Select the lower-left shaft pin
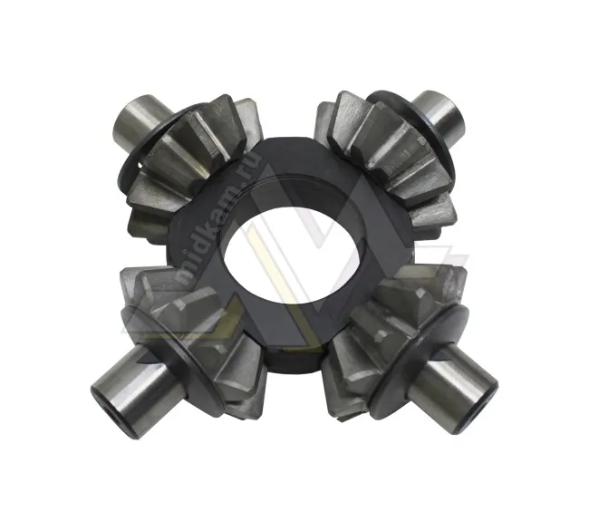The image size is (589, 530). (x=135, y=390)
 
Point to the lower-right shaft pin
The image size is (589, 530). (x=453, y=390)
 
